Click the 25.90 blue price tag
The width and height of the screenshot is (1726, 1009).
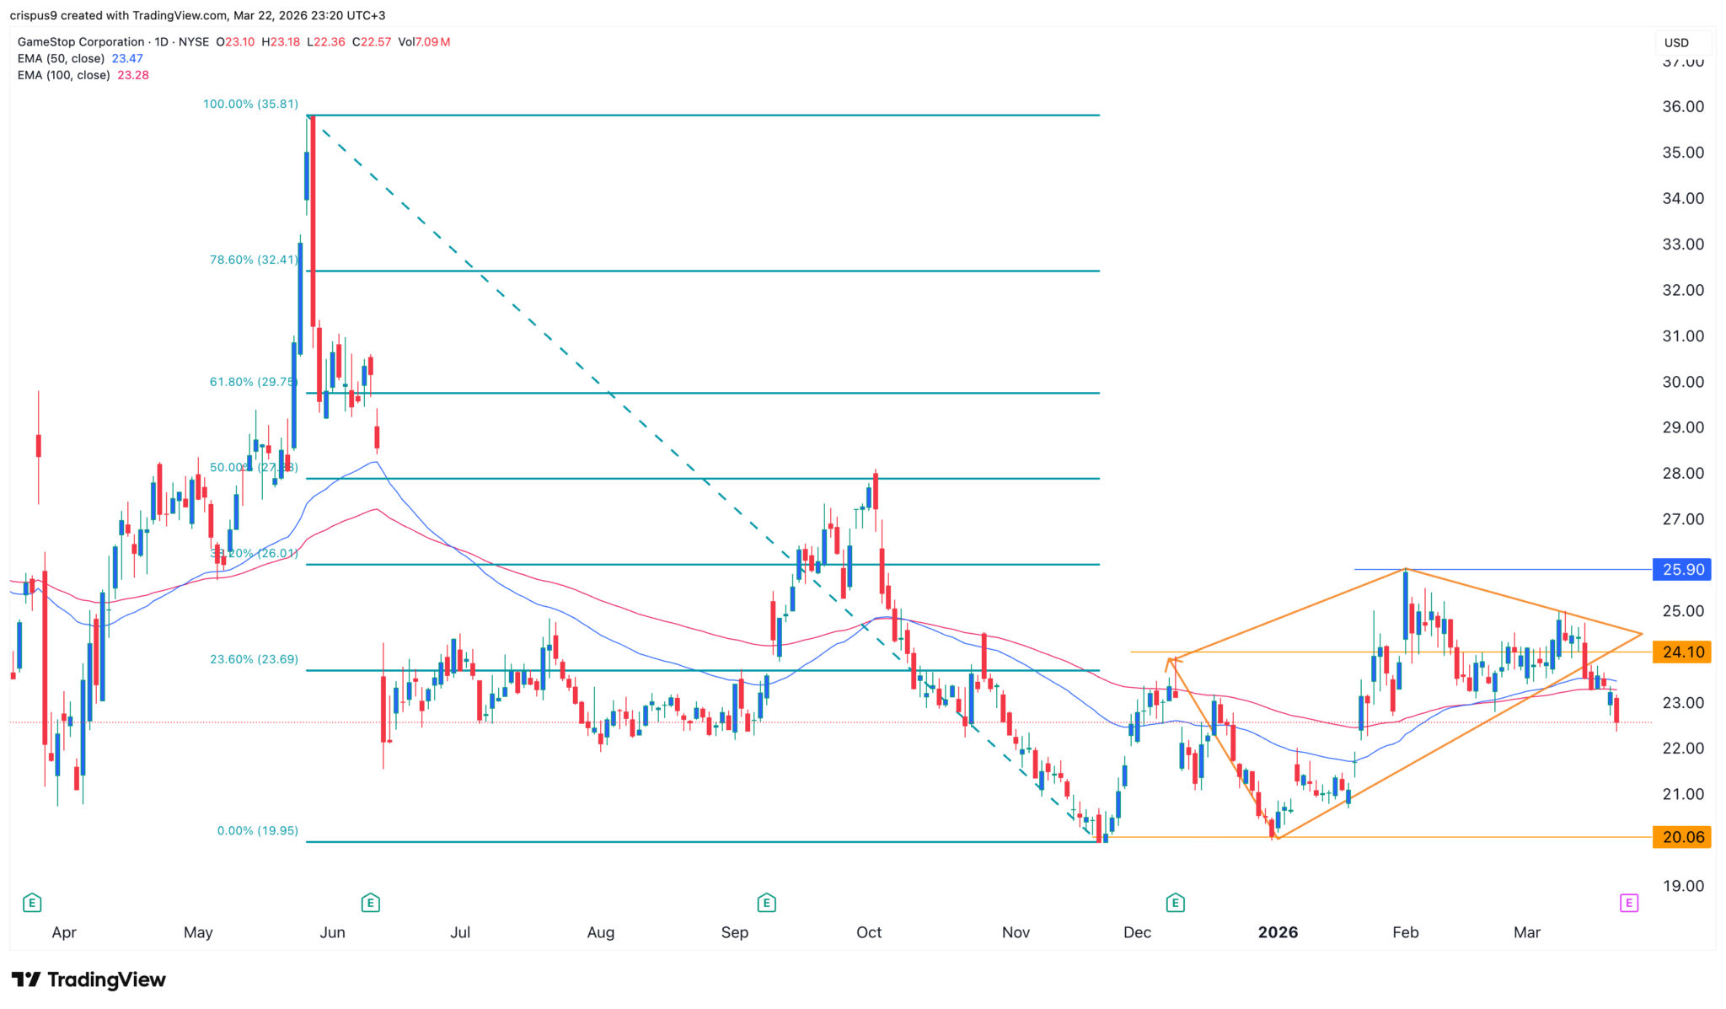tap(1682, 570)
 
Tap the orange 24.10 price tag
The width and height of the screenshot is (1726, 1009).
tap(1682, 652)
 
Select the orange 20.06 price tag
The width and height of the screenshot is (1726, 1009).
tap(1682, 837)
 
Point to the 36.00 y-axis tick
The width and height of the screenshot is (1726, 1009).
tap(1682, 107)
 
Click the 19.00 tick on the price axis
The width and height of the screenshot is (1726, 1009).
tap(1682, 886)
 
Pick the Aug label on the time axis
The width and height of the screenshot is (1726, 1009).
tap(601, 932)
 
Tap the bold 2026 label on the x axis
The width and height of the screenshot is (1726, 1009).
tap(1278, 932)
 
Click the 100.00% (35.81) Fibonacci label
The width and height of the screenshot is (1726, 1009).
tap(250, 105)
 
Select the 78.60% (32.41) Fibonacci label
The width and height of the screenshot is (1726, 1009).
tap(254, 260)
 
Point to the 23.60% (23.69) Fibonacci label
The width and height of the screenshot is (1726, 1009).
tap(254, 659)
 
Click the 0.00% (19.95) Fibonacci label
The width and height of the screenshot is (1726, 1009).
tap(257, 830)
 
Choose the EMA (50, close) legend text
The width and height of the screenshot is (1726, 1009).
tap(61, 59)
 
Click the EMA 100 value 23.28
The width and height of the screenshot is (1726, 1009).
tap(133, 75)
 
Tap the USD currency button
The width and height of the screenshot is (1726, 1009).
tap(1676, 43)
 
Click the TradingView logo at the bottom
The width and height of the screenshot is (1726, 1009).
tap(88, 979)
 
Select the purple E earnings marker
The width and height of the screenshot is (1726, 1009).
tap(1628, 904)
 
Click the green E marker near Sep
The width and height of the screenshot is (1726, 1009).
tap(766, 904)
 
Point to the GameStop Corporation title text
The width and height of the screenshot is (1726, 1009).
tap(81, 42)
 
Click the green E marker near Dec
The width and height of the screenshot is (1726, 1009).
tap(1175, 904)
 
